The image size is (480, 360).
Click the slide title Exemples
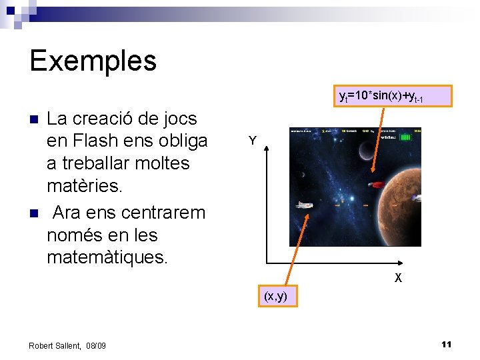click(x=93, y=61)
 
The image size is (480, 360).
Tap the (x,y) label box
click(x=275, y=296)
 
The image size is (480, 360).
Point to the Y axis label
click(x=252, y=141)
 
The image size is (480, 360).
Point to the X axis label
click(x=397, y=278)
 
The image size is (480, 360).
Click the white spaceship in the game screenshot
click(x=305, y=205)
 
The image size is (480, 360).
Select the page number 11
click(x=446, y=344)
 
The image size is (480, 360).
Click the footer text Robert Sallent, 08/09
click(x=67, y=345)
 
